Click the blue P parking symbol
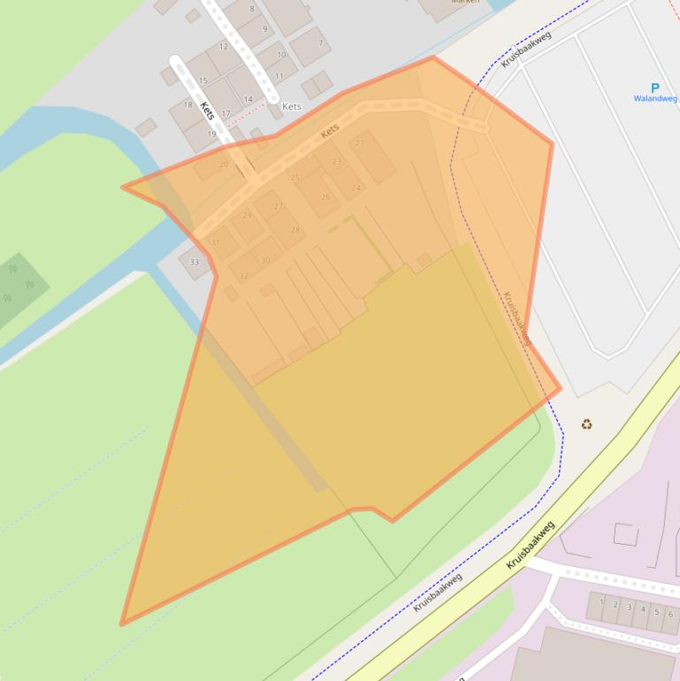coord(654,88)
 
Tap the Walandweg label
coord(654,99)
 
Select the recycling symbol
coord(586,425)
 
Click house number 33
coord(195,262)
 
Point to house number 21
coord(360,143)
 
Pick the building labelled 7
coord(321,43)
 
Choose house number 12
coord(224,47)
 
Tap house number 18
coord(187,104)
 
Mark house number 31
coord(215,242)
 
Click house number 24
coord(356,187)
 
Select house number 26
coord(325,197)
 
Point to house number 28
coord(295,230)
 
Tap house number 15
coord(203,81)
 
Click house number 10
coord(281,55)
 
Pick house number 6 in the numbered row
coord(670,614)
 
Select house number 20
coord(223,164)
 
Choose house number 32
coord(244,276)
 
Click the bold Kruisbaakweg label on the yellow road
coord(531,545)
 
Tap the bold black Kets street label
coord(208,111)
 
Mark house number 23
coord(336,162)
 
